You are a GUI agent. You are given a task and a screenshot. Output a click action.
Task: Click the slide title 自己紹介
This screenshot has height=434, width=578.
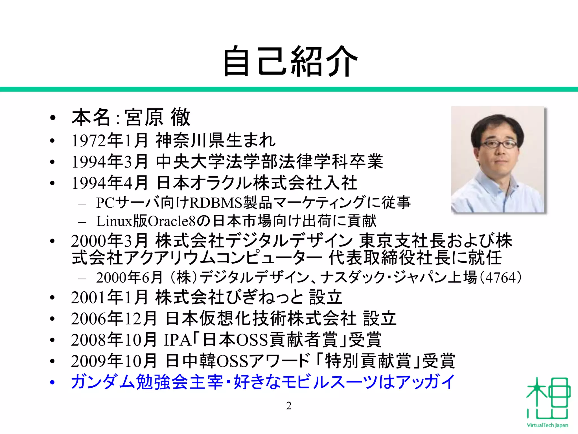point(290,62)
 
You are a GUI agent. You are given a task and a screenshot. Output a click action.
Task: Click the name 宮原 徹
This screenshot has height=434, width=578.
point(157,118)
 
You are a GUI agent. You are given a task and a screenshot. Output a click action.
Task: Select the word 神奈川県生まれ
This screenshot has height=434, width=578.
point(215,140)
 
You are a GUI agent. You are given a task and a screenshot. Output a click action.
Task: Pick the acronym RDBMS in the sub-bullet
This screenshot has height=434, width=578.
point(216,203)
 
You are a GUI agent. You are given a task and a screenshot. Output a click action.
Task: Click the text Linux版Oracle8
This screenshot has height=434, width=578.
point(146,221)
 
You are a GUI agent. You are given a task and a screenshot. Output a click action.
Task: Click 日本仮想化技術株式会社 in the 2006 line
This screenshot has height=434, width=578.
point(260,318)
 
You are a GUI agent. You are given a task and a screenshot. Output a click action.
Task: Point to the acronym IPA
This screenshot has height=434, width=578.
point(177,340)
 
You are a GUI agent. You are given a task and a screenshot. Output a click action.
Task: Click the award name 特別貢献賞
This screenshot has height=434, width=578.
point(368,361)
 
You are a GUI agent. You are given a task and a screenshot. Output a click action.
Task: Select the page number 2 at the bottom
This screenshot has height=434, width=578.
point(289,406)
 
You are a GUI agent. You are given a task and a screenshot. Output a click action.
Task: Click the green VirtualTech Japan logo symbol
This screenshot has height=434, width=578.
point(547,399)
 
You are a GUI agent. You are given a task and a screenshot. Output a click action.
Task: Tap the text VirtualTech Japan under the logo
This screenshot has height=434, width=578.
point(547,425)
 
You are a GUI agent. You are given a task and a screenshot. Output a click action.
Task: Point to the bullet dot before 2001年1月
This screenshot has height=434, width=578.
point(52,298)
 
